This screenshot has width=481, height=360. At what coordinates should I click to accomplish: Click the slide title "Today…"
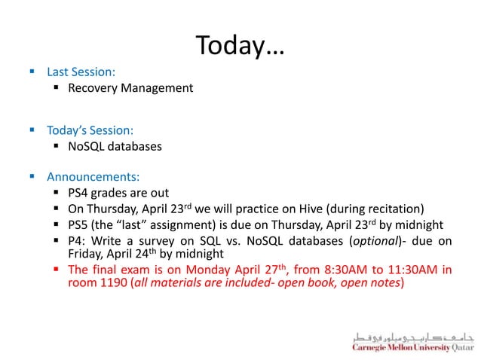[240, 46]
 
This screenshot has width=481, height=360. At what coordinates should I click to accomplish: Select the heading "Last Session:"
[81, 72]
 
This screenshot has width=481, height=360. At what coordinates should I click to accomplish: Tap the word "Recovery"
[93, 89]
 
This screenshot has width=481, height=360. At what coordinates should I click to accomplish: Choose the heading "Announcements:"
[93, 178]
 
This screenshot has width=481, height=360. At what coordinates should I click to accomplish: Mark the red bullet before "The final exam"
[57, 270]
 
